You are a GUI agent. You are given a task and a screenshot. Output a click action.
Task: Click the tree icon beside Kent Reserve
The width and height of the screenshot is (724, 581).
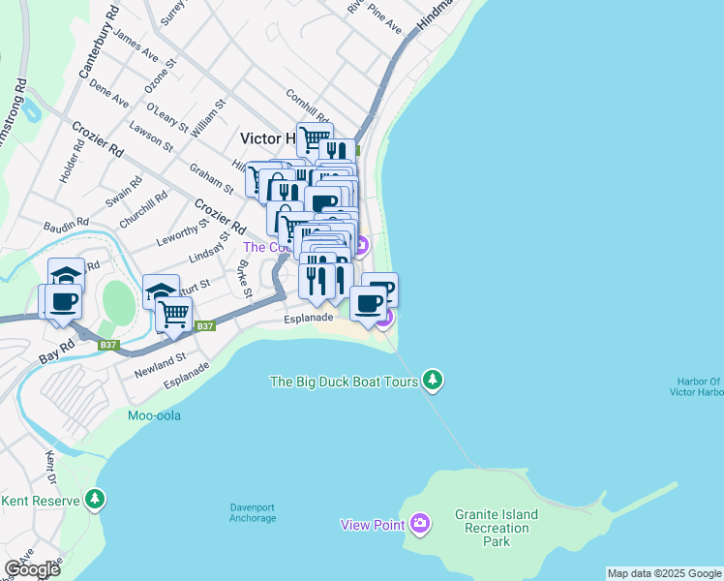tap(95, 500)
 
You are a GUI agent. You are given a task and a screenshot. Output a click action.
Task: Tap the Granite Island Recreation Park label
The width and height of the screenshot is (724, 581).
tap(497, 529)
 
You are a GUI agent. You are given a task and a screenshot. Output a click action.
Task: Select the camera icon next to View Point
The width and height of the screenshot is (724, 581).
tap(419, 524)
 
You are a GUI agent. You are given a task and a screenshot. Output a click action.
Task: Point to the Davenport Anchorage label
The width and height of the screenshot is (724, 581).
tap(253, 512)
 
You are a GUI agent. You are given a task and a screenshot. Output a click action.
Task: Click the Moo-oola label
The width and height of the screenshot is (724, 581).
tap(154, 416)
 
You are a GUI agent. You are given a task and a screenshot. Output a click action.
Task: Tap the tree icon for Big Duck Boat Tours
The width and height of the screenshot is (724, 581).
tap(434, 381)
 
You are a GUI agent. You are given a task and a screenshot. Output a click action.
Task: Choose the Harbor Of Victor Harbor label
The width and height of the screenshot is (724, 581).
tap(696, 386)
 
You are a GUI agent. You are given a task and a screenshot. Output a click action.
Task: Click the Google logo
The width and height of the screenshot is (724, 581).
tap(31, 568)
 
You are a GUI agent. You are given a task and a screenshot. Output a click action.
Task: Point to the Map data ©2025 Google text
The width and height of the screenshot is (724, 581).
tap(663, 573)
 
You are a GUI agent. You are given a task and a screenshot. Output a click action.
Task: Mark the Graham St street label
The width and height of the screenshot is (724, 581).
tap(211, 178)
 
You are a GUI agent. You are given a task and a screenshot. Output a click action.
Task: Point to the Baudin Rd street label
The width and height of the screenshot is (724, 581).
tap(66, 227)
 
